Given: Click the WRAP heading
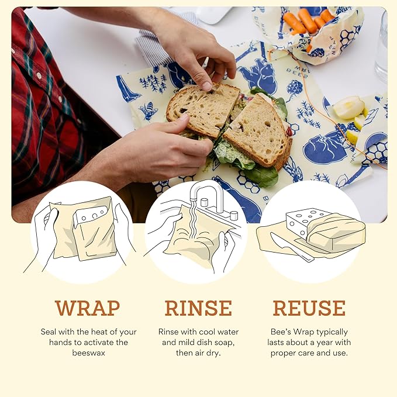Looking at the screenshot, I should coord(87,308).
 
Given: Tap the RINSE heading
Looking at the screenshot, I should coord(198,308).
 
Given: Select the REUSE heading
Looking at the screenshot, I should coord(309,308).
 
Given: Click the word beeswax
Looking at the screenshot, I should coord(87,353).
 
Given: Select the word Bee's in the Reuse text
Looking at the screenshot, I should coord(282,332).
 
